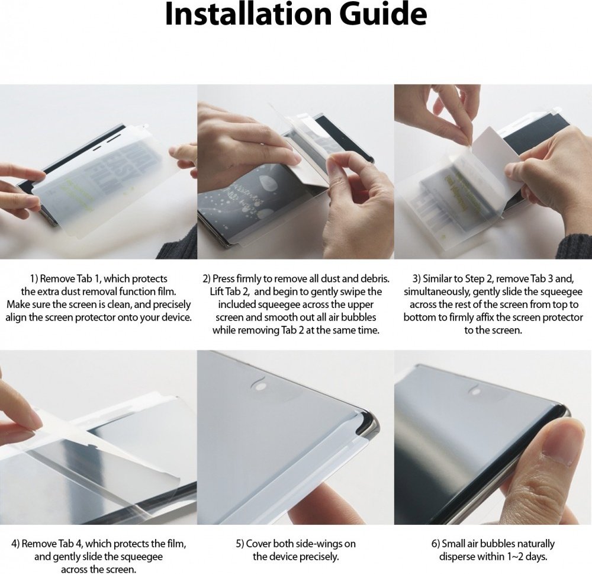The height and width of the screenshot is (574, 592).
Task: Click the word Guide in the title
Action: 383,14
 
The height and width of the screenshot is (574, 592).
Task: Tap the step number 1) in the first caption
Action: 34,279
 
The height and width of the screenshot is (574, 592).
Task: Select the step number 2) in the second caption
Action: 207,279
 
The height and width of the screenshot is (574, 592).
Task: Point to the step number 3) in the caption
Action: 416,279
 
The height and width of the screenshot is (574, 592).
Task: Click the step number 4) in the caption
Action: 15,544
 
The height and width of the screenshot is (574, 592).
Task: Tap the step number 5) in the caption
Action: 240,544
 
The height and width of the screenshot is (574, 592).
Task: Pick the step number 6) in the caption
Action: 435,544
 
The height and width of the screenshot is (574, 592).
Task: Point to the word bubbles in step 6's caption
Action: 499,544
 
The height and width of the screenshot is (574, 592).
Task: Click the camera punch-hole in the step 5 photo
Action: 259,387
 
